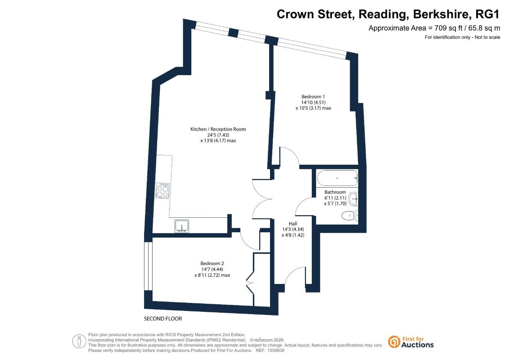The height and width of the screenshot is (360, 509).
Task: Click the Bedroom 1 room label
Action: (313, 97)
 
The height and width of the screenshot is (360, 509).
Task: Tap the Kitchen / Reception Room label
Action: (218, 129)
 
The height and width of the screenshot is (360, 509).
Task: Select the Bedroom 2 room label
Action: (212, 264)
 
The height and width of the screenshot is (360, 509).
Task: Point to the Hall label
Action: (293, 224)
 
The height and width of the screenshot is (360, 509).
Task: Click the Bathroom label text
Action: (335, 192)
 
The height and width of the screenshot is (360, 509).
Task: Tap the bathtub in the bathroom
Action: (337, 178)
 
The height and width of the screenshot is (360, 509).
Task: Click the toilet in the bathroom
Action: (350, 216)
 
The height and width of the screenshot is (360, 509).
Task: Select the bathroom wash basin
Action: (353, 198)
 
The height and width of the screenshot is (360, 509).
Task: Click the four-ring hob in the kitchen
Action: (162, 190)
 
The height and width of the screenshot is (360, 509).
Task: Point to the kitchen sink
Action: (182, 226)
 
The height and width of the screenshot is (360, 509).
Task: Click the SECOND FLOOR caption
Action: (163, 319)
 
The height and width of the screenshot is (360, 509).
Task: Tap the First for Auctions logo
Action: (411, 342)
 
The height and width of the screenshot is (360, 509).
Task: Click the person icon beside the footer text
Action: (79, 342)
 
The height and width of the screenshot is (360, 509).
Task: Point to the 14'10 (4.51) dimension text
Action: (313, 103)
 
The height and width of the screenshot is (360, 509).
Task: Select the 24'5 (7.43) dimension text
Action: (218, 135)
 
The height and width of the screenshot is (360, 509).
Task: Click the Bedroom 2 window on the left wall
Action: (149, 266)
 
